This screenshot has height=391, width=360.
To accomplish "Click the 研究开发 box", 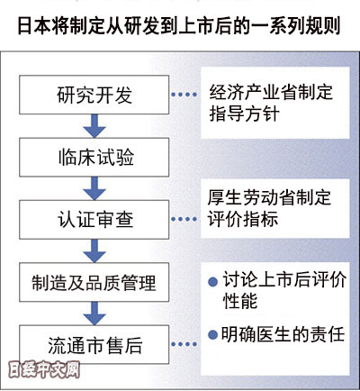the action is coord(94,95).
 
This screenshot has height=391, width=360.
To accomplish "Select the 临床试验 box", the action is coord(94,157).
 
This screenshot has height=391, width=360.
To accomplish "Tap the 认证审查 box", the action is coord(94,220).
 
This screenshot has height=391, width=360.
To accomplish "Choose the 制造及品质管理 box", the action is coord(94,282).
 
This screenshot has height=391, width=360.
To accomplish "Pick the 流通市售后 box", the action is coord(94,344).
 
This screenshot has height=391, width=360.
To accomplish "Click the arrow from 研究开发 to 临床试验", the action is coord(94,126).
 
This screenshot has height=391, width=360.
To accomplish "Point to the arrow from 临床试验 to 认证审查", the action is coord(94,188).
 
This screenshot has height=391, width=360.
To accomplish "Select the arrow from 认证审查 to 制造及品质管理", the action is coord(94,250).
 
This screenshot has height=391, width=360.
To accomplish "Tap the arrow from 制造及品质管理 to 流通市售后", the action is coord(94,314).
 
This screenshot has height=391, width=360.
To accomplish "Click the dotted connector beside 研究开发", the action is coord(184,95).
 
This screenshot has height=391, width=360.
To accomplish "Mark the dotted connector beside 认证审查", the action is coord(184,219).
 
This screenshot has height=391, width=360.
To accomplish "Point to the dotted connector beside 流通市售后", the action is coord(184,344).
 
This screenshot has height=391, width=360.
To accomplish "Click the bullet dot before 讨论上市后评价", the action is coord(212,282).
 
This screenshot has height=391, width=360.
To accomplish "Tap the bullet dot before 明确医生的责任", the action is coord(212,335).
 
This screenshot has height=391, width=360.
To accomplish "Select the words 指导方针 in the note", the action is coord(244,114).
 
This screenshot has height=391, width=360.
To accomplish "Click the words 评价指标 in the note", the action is coord(243,218).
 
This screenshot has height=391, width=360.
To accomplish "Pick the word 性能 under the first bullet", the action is coord(240,300).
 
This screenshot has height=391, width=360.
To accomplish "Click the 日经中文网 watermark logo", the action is coord(44,369).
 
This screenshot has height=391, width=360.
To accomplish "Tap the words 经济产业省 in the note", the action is coord(253,92).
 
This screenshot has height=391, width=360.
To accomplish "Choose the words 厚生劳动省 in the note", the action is coord(251,197).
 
